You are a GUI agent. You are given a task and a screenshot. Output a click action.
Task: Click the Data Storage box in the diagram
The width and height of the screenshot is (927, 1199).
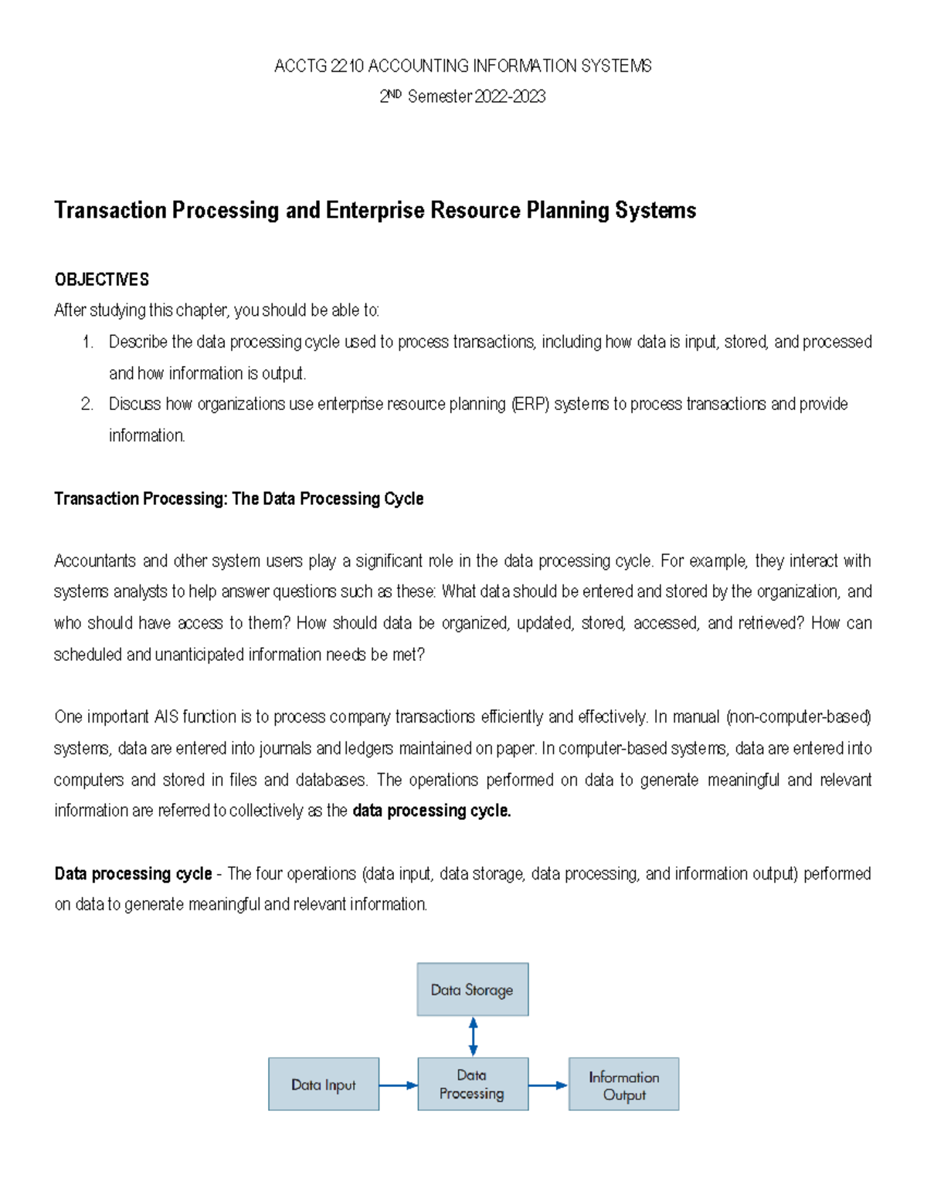point(472,989)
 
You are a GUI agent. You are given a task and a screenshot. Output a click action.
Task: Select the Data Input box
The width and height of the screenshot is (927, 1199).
point(324,1084)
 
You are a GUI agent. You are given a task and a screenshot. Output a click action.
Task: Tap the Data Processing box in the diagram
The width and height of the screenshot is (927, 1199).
point(472,1084)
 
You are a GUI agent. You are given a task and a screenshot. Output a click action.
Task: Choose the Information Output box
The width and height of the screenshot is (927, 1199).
point(623,1084)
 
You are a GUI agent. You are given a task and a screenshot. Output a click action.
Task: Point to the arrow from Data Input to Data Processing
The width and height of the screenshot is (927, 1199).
point(398,1085)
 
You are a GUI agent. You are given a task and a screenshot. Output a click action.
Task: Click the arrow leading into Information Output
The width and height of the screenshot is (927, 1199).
point(548,1085)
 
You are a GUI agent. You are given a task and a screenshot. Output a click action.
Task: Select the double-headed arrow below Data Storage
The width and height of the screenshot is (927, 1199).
point(473,1036)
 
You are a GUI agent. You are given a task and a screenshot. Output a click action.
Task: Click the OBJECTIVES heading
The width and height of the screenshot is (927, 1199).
point(101,279)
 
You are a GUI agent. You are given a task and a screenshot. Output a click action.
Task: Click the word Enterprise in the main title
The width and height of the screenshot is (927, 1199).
point(375,210)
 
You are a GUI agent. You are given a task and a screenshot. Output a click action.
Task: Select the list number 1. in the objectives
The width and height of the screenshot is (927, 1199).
point(87,342)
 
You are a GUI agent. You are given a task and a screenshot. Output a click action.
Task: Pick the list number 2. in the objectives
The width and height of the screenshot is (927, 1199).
point(87,404)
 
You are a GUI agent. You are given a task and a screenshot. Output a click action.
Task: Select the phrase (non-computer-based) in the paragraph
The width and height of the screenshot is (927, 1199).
point(799,717)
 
